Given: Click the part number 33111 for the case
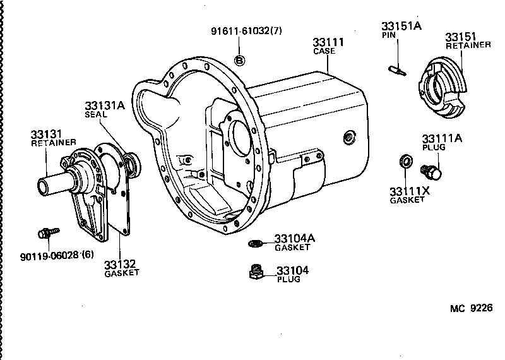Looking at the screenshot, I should point(328,42).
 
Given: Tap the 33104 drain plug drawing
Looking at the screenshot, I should point(256,273).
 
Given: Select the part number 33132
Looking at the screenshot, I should point(121,263).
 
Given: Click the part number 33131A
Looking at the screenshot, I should point(105,106).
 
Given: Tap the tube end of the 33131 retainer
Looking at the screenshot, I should point(45,188).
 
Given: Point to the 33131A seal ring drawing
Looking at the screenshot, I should point(133,165).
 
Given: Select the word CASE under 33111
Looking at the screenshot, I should point(325,52).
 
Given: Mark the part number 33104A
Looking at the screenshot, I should point(295,239).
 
